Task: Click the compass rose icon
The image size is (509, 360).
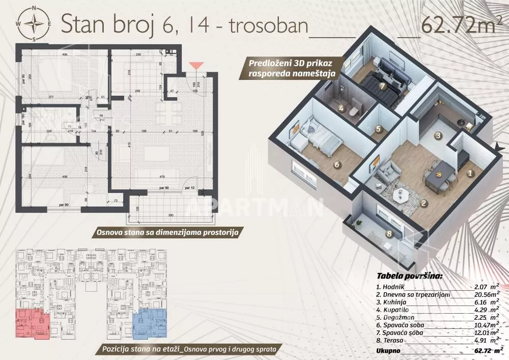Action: tap(34, 23)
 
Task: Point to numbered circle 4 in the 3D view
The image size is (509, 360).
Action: tap(342, 108)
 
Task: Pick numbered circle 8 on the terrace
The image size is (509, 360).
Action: tap(389, 234)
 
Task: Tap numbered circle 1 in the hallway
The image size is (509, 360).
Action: tap(470, 173)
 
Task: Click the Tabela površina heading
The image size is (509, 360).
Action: tap(409, 276)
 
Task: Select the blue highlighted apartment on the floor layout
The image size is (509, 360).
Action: tap(150, 323)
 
